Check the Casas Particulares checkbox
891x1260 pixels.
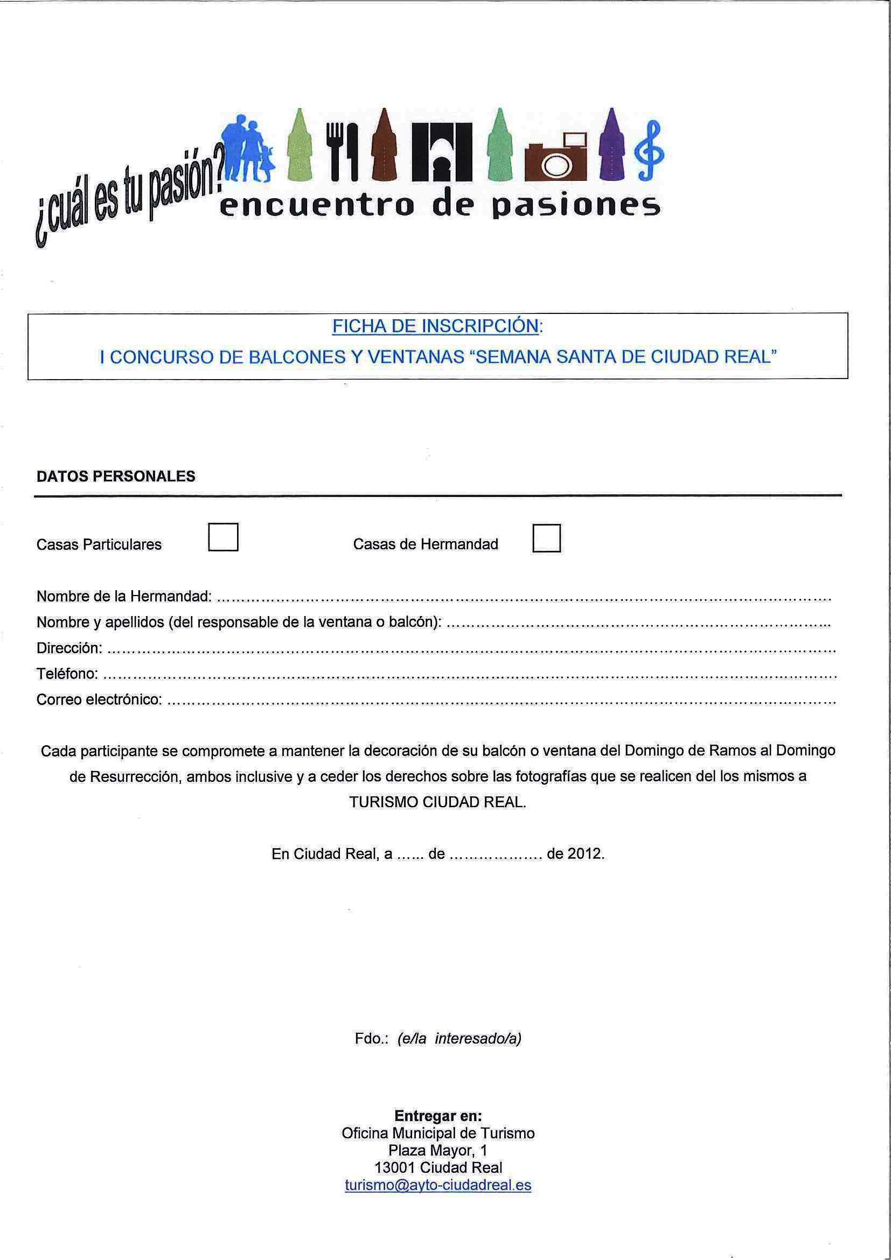(223, 537)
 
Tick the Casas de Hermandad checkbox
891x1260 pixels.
(546, 538)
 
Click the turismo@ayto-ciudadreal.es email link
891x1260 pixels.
(437, 1185)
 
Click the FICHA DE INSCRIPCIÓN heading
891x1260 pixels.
(436, 326)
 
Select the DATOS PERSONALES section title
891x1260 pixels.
(116, 476)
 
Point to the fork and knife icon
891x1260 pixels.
(342, 151)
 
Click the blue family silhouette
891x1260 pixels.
(247, 148)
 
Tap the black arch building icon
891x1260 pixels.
(442, 151)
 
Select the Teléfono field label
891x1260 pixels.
(67, 674)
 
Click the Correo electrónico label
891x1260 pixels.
(99, 699)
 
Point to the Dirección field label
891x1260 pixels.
(69, 648)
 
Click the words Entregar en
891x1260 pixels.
(437, 1115)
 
